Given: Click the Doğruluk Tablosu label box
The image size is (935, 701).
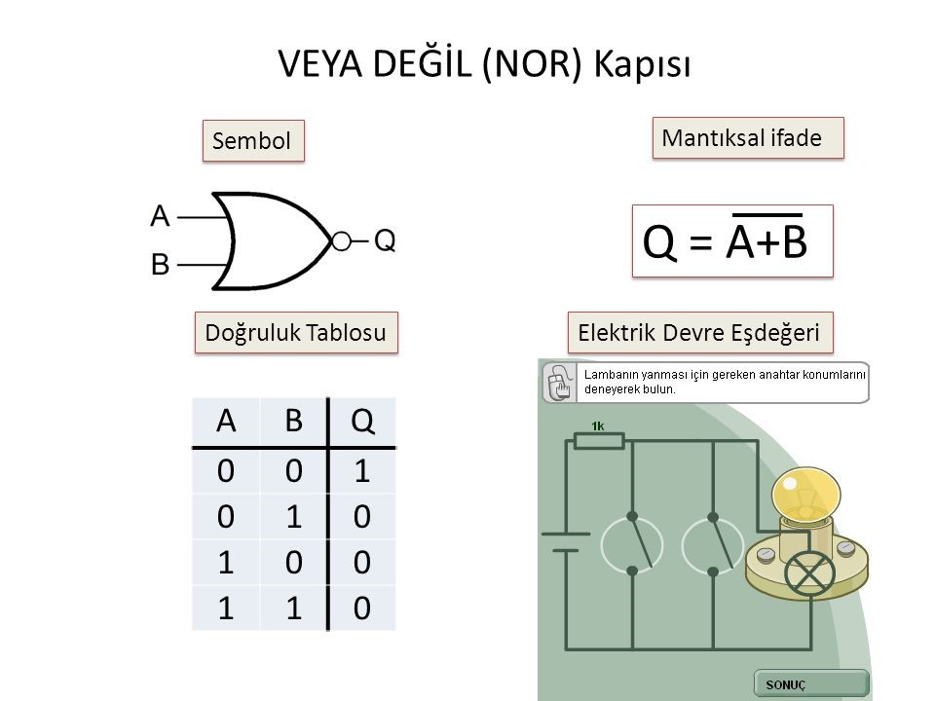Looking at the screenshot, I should (298, 332).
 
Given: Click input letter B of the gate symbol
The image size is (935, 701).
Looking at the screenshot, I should (161, 263).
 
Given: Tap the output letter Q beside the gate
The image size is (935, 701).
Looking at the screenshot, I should (386, 240).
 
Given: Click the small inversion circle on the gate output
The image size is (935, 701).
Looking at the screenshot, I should (341, 240).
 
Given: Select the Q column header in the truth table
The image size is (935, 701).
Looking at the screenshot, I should (362, 423).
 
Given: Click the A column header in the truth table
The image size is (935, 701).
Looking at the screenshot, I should (225, 423).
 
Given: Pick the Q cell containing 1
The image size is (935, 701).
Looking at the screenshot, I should (362, 470).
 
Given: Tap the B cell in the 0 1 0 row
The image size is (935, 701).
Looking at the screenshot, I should (294, 516).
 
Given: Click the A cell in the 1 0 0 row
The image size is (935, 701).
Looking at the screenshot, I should (225, 563).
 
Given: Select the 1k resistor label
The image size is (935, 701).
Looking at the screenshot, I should (598, 424).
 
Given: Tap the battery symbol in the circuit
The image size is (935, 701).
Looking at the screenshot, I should (565, 540).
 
